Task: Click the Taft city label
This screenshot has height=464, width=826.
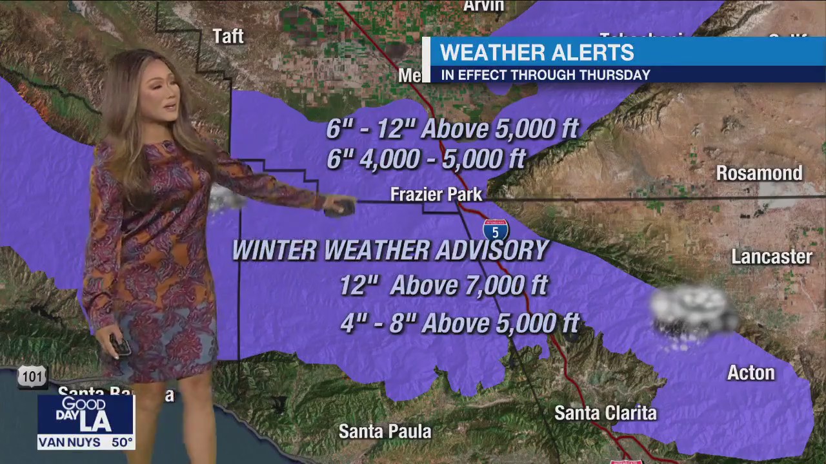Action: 228,36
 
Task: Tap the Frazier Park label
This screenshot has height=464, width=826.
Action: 436,194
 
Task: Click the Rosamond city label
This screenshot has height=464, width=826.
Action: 759,173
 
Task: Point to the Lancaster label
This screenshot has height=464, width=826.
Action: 771,256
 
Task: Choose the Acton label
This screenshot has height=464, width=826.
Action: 750,372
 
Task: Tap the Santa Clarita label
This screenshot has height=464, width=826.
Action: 605,412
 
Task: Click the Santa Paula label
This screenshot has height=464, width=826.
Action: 385,430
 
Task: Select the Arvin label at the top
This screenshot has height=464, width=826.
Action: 483,6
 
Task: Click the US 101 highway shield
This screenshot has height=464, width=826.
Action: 32,377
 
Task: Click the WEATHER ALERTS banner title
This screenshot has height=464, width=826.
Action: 537,52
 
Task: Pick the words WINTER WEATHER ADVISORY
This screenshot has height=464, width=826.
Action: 390,250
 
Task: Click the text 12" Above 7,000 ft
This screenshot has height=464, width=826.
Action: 443,284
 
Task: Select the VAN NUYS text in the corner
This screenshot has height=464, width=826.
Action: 69,443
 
